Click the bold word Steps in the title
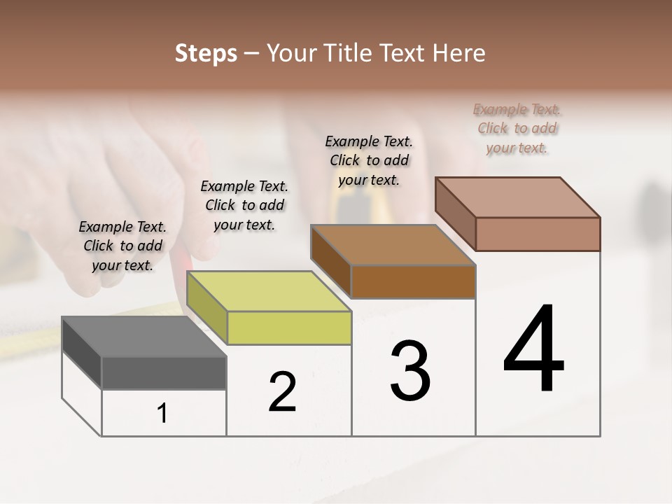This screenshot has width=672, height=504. click(206, 53)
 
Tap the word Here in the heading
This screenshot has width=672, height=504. click(458, 53)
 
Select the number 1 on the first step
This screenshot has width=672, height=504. click(162, 413)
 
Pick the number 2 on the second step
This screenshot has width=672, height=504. click(282, 392)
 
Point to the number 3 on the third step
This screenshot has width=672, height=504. click(410, 371)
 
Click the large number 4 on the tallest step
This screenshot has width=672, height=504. click(533, 350)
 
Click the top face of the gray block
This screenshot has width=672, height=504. click(143, 337)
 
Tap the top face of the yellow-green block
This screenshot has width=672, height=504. click(269, 291)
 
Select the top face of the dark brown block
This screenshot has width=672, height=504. click(393, 245)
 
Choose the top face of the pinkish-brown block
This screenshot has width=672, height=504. click(518, 197)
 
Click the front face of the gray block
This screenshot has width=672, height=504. click(164, 372)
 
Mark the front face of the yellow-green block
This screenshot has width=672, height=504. click(289, 328)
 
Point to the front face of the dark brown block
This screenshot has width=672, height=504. click(413, 281)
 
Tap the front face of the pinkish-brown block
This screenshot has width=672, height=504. click(538, 234)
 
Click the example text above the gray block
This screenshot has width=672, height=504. click(122, 246)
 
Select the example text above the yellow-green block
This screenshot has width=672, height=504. click(244, 205)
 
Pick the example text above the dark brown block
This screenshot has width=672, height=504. click(369, 160)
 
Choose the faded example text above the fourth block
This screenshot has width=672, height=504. click(517, 128)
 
